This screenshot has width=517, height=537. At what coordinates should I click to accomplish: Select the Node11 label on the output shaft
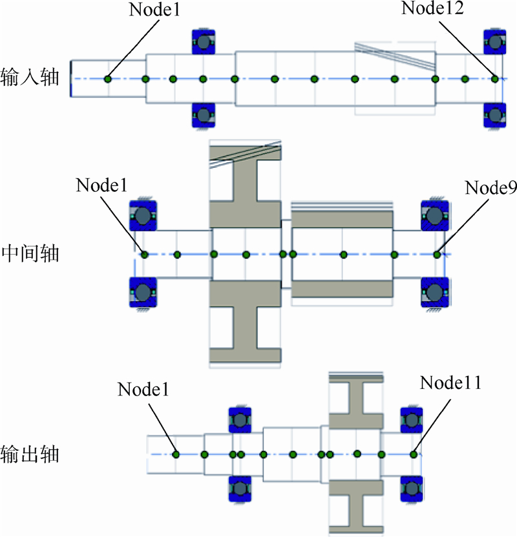450,383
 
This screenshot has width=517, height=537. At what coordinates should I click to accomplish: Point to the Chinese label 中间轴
30,253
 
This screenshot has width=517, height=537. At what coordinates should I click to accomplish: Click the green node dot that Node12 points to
495,79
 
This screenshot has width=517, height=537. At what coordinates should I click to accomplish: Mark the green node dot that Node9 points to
438,255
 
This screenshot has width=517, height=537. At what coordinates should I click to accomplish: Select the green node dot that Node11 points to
414,454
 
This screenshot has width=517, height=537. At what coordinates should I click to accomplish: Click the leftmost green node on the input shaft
108,79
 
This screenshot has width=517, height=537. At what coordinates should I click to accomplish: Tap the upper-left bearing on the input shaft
204,43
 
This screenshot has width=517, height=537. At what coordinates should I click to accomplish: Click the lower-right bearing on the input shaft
495,115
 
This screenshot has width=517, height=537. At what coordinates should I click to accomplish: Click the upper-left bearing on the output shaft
240,421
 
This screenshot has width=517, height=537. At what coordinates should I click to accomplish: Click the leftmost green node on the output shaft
176,454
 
